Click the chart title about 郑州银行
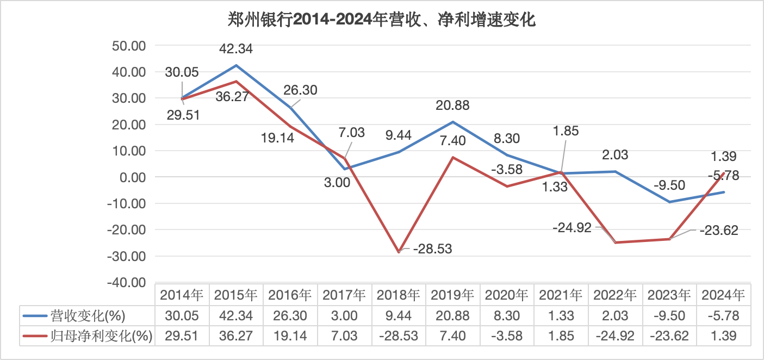pos(382,20)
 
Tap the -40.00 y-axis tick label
pos(127,283)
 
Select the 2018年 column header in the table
pos(398,295)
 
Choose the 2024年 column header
pos(723,295)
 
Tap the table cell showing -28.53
pos(398,336)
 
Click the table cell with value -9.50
pos(669,315)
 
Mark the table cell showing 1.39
pos(723,336)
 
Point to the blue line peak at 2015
pos(236,66)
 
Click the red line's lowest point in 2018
pos(399,252)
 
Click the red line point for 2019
pos(453,158)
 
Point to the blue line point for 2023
pos(669,202)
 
